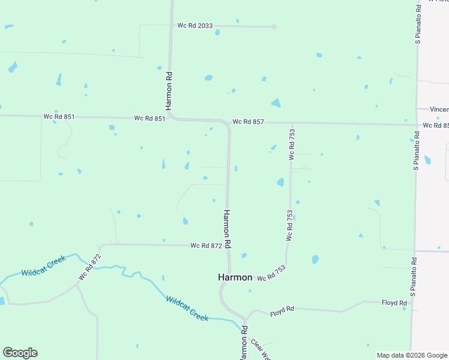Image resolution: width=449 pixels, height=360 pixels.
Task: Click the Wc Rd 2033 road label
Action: (195, 25)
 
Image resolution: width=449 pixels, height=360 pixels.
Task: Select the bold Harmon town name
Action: (235, 278)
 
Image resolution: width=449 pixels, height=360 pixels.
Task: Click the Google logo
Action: (20, 353)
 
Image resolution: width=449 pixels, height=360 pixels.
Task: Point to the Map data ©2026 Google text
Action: (411, 355)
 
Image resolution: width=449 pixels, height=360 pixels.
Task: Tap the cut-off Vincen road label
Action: (439, 109)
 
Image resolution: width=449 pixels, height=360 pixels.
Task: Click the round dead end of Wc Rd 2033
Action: (273, 27)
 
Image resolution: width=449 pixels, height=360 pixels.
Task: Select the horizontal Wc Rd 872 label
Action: (206, 245)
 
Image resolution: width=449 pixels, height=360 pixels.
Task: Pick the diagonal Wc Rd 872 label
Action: (89, 268)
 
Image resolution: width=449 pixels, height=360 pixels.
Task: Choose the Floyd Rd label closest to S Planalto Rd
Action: (394, 303)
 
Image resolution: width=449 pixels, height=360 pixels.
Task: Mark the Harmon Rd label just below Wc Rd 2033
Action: (170, 91)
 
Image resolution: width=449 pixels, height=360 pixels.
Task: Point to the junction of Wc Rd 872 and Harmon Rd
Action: (228, 245)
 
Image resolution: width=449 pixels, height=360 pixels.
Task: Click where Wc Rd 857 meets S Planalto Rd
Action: (416, 125)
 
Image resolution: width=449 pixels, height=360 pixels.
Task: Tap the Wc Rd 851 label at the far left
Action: (59, 116)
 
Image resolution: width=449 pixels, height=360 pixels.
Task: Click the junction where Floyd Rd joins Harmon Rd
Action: (246, 318)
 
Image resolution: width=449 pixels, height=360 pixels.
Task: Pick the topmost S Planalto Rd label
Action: (418, 25)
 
